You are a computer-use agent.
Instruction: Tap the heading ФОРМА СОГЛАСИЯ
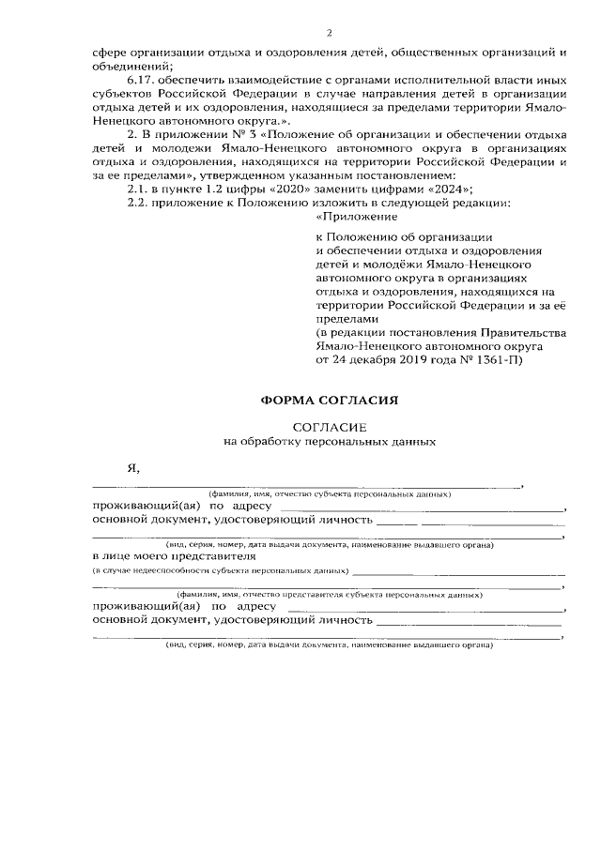[x=330, y=400]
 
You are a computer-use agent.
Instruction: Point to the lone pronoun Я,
[x=133, y=467]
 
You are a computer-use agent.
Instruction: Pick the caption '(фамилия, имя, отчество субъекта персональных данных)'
[x=330, y=493]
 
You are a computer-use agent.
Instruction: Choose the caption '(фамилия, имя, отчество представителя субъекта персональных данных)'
[x=330, y=595]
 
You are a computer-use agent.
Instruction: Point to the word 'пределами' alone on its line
[x=344, y=319]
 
